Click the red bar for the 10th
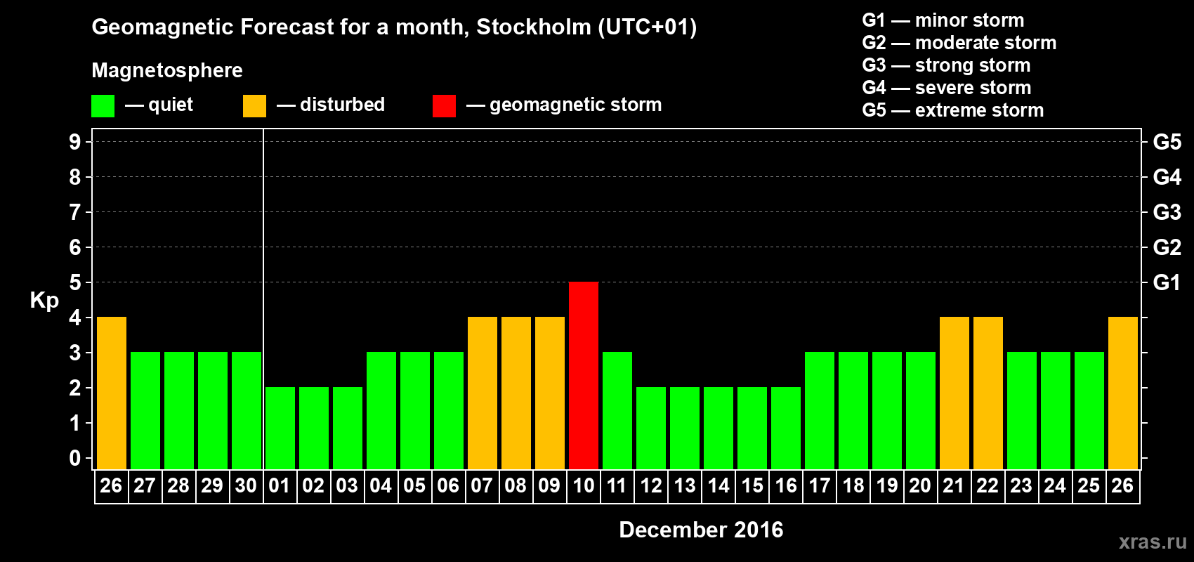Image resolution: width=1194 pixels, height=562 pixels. (584, 375)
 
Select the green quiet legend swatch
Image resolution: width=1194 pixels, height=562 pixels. (103, 106)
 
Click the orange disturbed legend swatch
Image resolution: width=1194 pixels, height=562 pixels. (254, 106)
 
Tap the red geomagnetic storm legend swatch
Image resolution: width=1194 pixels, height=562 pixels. (444, 106)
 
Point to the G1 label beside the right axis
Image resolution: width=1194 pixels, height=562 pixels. (1167, 282)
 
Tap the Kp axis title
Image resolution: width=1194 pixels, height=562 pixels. (44, 301)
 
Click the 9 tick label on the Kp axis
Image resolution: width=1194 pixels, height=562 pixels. (75, 142)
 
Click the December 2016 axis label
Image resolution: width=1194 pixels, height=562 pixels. (701, 530)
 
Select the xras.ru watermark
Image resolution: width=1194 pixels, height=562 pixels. (1152, 542)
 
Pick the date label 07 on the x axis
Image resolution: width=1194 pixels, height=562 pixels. (482, 485)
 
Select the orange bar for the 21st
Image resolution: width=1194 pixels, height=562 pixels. (954, 393)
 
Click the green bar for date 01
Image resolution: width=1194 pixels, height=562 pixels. (280, 428)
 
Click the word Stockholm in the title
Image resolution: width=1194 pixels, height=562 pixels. (534, 27)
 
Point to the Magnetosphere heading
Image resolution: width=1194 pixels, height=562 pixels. (167, 70)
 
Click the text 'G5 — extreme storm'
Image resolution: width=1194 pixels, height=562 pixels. (952, 110)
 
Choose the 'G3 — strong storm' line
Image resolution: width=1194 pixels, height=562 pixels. (946, 65)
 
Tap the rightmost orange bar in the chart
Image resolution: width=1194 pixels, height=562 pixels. (1123, 393)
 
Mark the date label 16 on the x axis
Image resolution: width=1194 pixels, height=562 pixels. (786, 485)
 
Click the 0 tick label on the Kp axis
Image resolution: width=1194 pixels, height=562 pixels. (75, 459)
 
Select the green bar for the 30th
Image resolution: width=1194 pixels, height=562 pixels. (247, 410)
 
